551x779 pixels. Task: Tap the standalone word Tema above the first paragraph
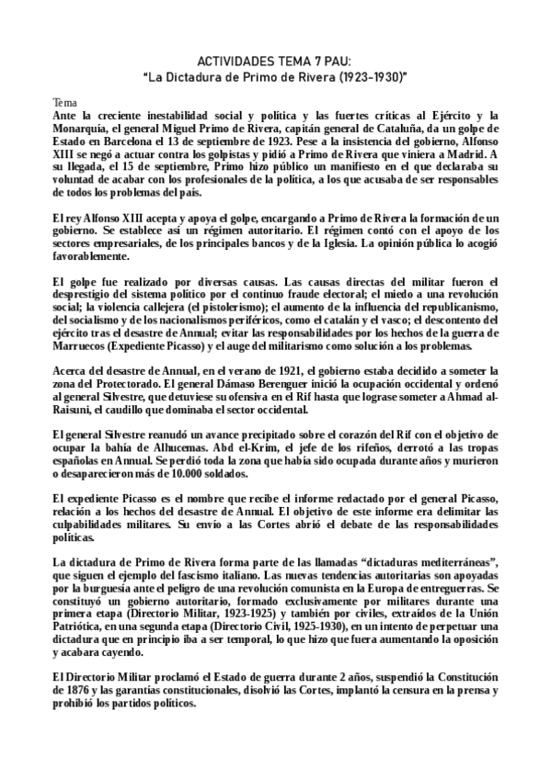[x=64, y=102]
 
